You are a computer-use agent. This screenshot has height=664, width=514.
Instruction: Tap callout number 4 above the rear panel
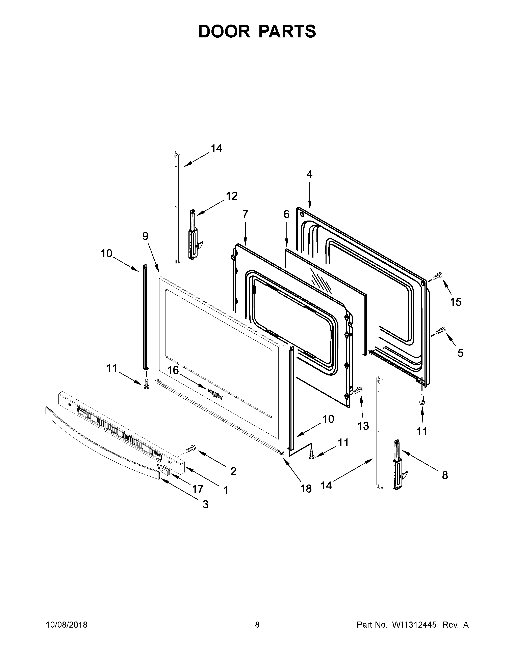(x=309, y=174)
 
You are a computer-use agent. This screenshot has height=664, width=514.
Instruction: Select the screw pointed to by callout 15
(x=437, y=276)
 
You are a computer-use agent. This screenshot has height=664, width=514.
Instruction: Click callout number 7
(x=246, y=214)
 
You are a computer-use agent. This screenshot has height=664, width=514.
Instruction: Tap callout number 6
(x=287, y=214)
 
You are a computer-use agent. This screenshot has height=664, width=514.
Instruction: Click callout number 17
(x=198, y=489)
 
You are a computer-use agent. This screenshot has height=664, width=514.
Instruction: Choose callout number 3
(x=206, y=504)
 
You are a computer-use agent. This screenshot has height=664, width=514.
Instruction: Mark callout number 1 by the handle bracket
(x=226, y=490)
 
